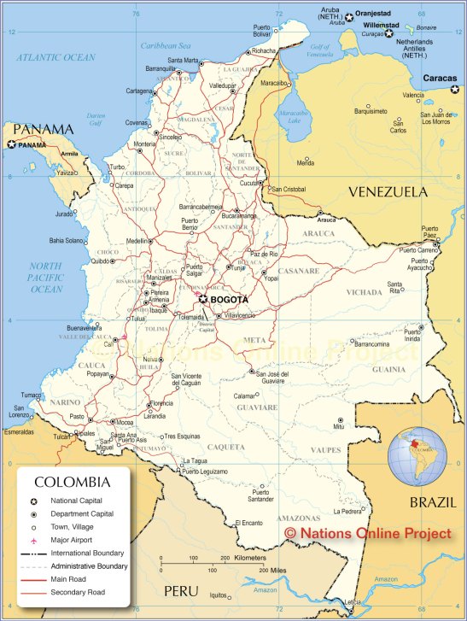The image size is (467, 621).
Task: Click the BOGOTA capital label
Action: pyautogui.click(x=230, y=300)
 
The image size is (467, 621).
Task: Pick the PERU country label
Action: pyautogui.click(x=181, y=591)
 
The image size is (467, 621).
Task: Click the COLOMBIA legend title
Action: pyautogui.click(x=72, y=482)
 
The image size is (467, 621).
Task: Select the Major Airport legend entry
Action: pyautogui.click(x=76, y=541)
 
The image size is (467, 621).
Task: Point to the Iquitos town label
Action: pyautogui.click(x=219, y=595)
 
